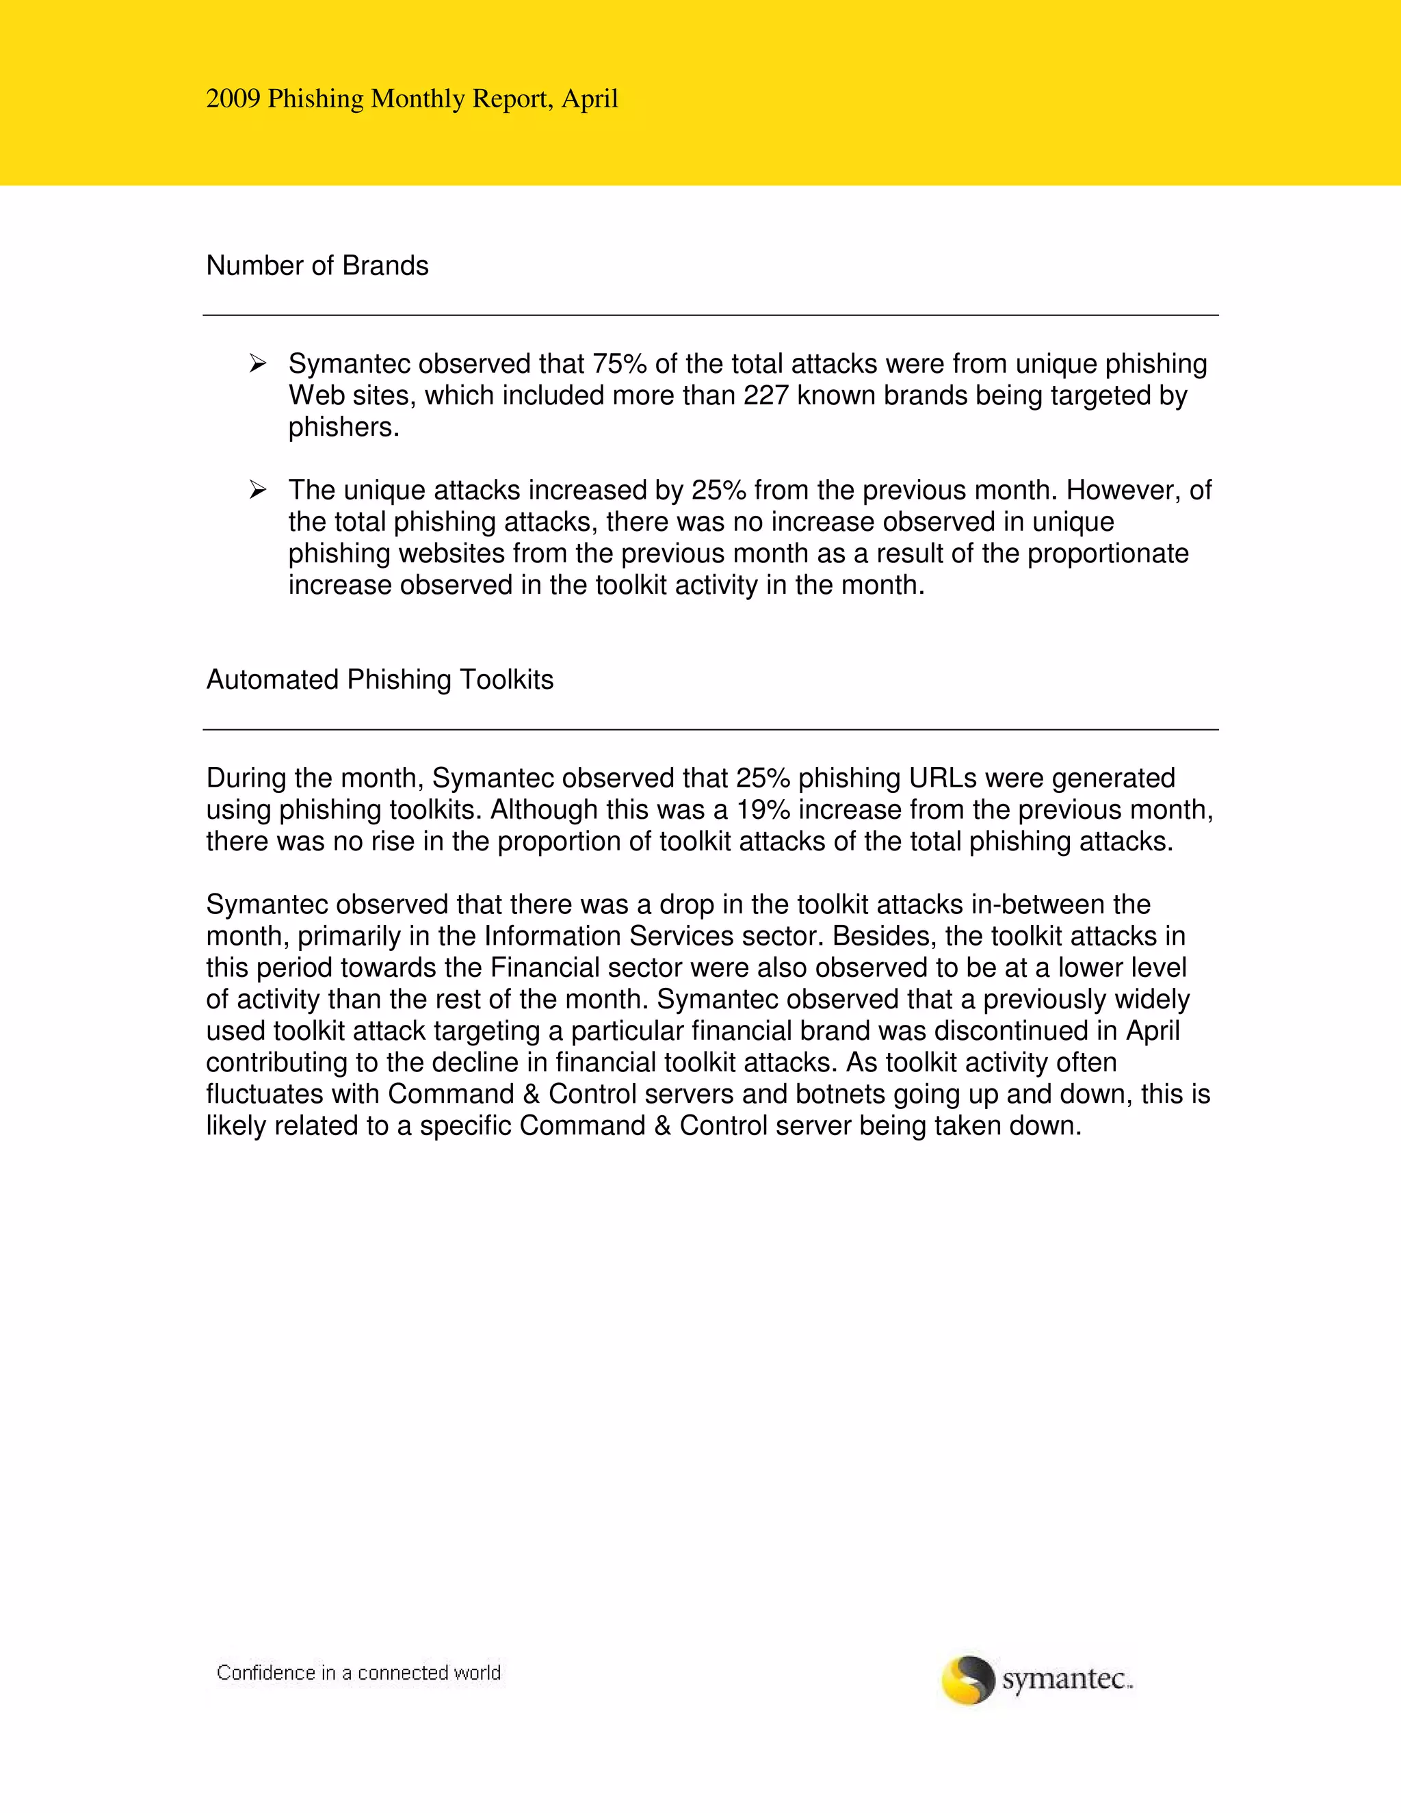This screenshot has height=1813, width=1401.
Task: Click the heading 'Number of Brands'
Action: [317, 265]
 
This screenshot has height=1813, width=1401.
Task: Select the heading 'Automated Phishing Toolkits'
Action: [379, 680]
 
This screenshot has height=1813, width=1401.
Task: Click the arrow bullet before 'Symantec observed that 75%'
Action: [257, 363]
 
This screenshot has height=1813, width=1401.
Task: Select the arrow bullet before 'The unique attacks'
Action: [257, 490]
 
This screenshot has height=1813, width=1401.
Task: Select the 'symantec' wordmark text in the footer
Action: [1066, 1680]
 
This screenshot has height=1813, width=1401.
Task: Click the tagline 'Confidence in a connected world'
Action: [358, 1673]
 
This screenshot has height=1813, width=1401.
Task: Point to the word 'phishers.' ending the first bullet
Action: [343, 428]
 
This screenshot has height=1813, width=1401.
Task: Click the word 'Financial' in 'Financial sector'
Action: [545, 968]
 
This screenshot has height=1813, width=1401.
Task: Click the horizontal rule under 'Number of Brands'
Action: [711, 315]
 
